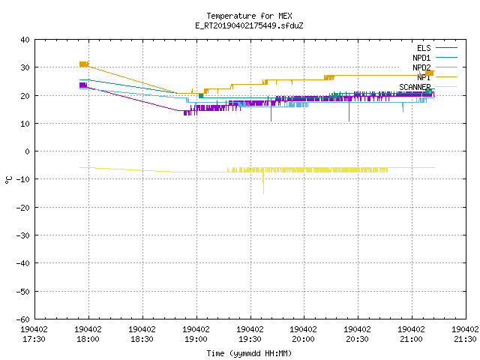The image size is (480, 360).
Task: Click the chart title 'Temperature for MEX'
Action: [249, 16]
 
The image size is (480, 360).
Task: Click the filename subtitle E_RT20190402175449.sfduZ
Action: [249, 25]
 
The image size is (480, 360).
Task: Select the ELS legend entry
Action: [436, 48]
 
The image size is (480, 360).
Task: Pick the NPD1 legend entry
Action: [435, 58]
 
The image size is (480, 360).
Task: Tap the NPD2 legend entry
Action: [435, 67]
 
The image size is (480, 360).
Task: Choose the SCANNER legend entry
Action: [428, 87]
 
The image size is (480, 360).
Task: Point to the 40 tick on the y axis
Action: [25, 40]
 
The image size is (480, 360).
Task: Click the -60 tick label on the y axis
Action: [22, 319]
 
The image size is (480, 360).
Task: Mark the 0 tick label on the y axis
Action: [27, 151]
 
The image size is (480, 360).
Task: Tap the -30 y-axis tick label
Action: [22, 235]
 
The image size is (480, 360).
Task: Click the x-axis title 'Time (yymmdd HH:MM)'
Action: [249, 353]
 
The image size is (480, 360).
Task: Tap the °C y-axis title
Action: [8, 180]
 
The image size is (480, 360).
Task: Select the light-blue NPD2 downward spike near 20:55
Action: [403, 107]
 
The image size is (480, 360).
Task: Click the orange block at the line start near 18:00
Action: [84, 64]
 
